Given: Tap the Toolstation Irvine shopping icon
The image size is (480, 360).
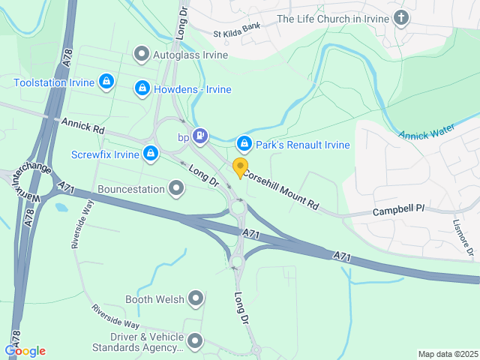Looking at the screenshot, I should [106, 81].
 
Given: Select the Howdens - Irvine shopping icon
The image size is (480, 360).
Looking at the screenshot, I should [142, 88].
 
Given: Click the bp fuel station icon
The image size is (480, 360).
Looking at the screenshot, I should [199, 136].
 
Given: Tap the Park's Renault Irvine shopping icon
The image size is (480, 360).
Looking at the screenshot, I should [244, 144].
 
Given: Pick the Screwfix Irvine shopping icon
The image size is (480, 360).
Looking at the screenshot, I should [151, 154].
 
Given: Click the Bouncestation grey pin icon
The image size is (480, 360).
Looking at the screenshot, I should [176, 188].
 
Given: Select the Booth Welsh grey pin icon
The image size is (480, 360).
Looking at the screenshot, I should [196, 299].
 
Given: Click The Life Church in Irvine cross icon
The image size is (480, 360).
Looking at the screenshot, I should [402, 18].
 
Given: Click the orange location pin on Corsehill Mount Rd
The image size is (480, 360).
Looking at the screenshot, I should [240, 167].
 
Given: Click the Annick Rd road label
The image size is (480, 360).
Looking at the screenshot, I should [83, 124].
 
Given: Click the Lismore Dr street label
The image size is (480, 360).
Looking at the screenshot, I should [463, 237].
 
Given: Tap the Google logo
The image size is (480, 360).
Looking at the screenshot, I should [25, 350].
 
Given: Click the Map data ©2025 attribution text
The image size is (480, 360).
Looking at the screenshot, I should [447, 354].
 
